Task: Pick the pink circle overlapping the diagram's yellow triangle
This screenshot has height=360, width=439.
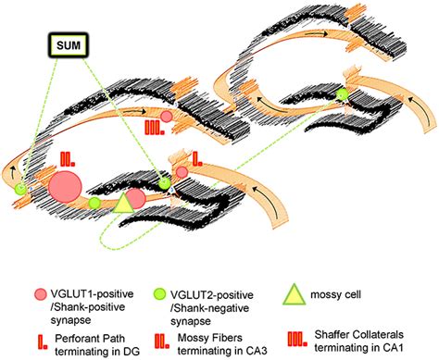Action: (134, 197)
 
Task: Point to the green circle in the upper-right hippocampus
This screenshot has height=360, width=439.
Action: (343, 93)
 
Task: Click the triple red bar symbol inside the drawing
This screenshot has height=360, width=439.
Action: (153, 128)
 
